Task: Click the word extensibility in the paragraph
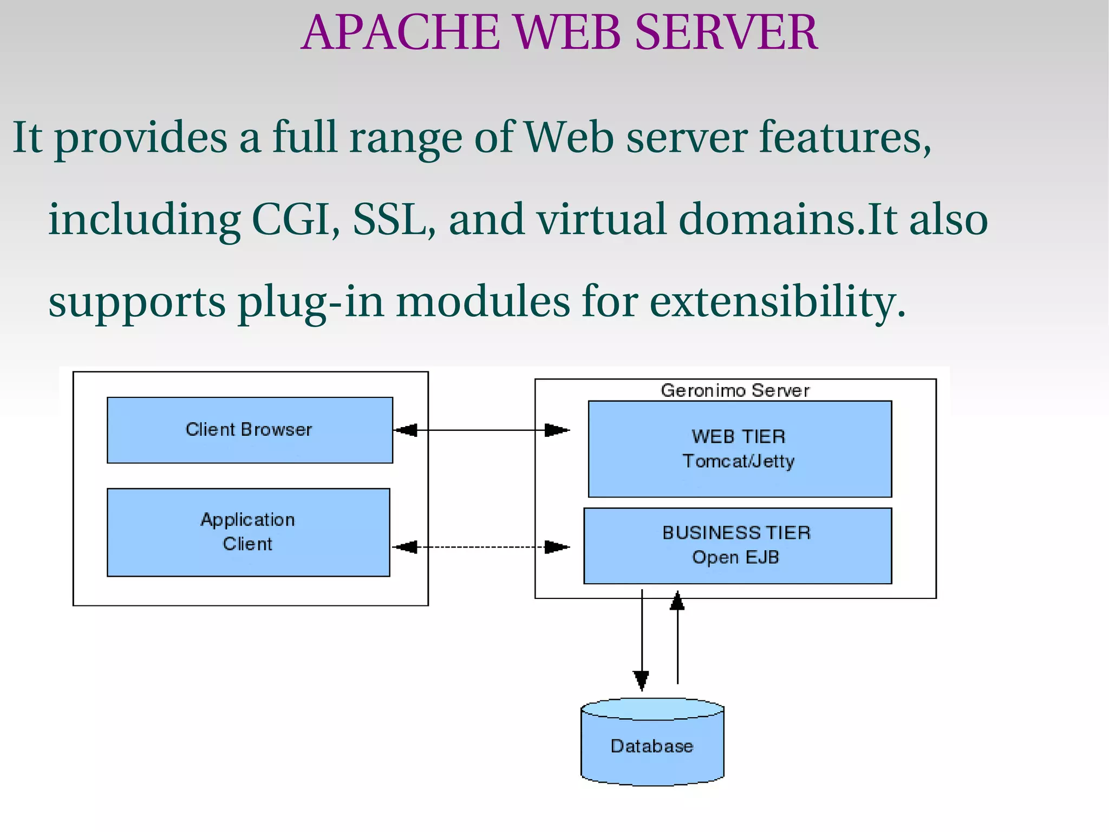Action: pos(777,301)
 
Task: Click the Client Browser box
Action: pos(250,430)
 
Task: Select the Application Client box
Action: pos(248,532)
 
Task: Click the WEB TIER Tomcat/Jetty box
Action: pos(739,449)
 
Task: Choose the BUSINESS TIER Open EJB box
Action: pos(737,545)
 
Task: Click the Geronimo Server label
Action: pos(735,390)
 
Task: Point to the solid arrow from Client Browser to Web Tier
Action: pos(482,430)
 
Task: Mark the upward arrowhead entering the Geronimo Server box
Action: pos(677,601)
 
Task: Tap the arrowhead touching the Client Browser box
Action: pos(406,430)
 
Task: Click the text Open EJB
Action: pos(735,557)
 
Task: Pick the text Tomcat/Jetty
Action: pos(738,461)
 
